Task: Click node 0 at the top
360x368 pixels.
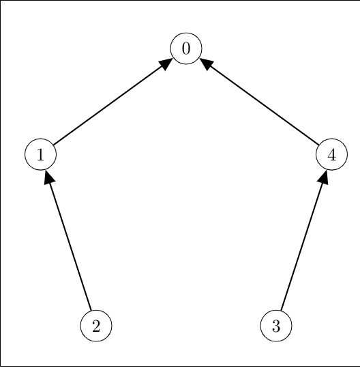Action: (x=186, y=48)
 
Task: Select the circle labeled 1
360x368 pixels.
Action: (x=40, y=154)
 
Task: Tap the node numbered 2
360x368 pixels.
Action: (x=96, y=326)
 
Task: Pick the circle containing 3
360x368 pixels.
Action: (x=276, y=326)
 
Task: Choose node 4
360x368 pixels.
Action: (x=331, y=154)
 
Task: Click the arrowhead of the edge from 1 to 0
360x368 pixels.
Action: (x=166, y=63)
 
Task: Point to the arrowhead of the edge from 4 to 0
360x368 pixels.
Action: (x=205, y=63)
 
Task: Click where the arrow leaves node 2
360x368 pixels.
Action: (x=91, y=310)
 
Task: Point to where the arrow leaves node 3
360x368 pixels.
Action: (x=281, y=310)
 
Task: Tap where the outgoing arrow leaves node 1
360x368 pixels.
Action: (x=53, y=145)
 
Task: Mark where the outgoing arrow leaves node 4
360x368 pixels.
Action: (x=318, y=145)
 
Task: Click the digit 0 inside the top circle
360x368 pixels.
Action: (x=186, y=49)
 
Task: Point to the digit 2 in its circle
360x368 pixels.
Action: (x=96, y=326)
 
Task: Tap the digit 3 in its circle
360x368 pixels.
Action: (x=276, y=326)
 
